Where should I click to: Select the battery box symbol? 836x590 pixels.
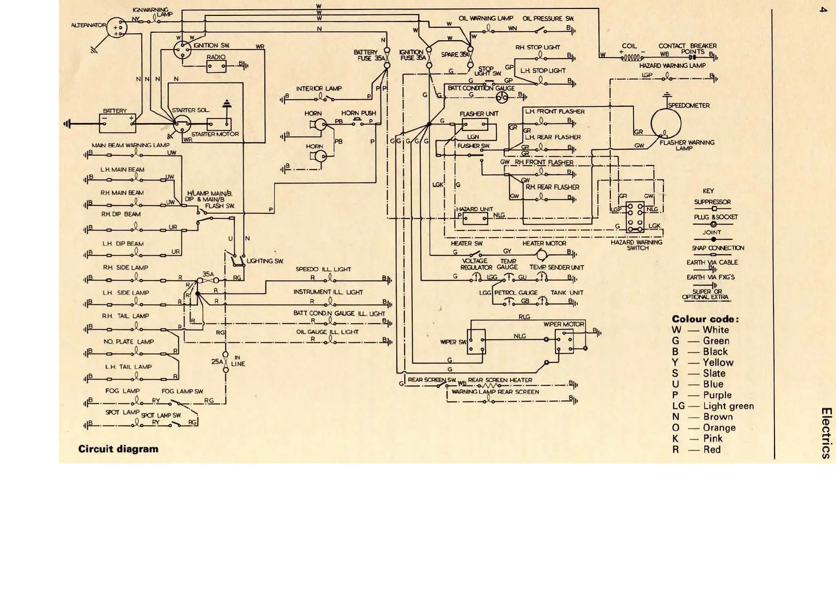click(118, 123)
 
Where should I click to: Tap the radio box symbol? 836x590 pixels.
click(216, 67)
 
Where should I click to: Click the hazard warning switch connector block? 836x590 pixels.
click(635, 217)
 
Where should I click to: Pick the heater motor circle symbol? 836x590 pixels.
click(542, 255)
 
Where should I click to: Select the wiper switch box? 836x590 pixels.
click(476, 342)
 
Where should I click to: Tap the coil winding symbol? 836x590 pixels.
click(632, 57)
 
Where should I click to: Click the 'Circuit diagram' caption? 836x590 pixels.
click(118, 449)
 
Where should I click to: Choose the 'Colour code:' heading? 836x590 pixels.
click(705, 319)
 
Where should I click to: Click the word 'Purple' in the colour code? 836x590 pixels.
click(717, 395)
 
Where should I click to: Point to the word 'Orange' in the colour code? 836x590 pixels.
click(719, 428)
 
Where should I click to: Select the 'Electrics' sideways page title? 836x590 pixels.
click(826, 432)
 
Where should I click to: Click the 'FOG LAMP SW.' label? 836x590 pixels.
click(182, 391)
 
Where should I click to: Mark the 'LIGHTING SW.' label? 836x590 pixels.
click(265, 261)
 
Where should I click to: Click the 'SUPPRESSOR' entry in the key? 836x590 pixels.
click(712, 202)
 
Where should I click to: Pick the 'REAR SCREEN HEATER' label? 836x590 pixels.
click(500, 380)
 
